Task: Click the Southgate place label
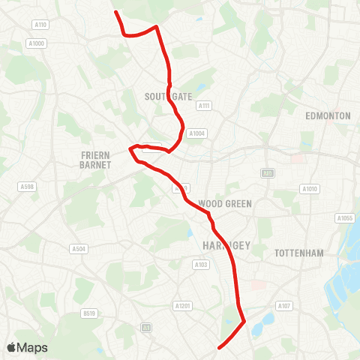pyautogui.click(x=169, y=97)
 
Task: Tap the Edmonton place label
pyautogui.click(x=328, y=116)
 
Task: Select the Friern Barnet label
pyautogui.click(x=95, y=159)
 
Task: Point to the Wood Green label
pyautogui.click(x=225, y=203)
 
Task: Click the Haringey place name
pyautogui.click(x=220, y=245)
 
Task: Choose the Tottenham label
pyautogui.click(x=299, y=253)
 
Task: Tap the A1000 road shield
pyautogui.click(x=38, y=43)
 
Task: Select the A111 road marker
pyautogui.click(x=203, y=106)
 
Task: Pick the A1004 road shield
pyautogui.click(x=196, y=133)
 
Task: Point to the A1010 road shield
pyautogui.click(x=309, y=188)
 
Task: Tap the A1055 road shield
pyautogui.click(x=345, y=218)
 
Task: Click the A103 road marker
pyautogui.click(x=200, y=264)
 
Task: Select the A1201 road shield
pyautogui.click(x=183, y=305)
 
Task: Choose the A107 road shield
pyautogui.click(x=283, y=305)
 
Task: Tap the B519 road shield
pyautogui.click(x=89, y=313)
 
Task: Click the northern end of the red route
pyautogui.click(x=115, y=11)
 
